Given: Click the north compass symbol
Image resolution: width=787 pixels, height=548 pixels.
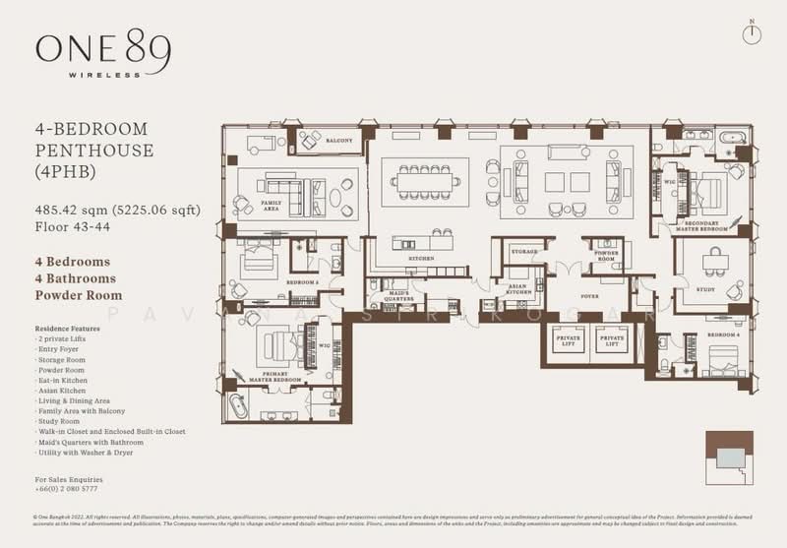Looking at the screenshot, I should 754,30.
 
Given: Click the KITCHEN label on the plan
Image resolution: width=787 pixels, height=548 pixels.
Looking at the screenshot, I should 422,258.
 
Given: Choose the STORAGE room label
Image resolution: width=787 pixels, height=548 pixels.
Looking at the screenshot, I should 524,252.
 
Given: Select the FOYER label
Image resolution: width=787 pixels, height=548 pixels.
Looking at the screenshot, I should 590,294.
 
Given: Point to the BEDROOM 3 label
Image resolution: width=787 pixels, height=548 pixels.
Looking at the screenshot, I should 301,282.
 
